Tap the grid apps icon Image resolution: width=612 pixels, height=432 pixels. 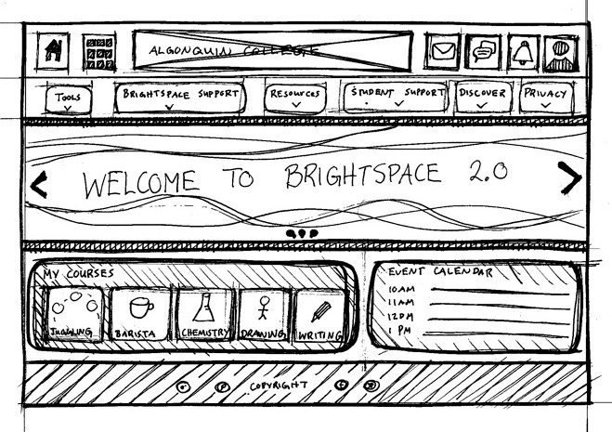point(98,54)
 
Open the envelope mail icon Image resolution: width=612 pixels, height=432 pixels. point(446,51)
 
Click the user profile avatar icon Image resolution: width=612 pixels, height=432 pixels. point(559,52)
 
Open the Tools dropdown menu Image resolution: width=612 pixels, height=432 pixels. point(68,98)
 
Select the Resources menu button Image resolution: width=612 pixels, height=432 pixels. point(296,98)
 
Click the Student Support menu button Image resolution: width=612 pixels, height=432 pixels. point(397,97)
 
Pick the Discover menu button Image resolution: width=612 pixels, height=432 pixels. point(482,97)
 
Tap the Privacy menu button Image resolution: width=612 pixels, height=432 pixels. point(545,97)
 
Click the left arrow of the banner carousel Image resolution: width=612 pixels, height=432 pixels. point(38,185)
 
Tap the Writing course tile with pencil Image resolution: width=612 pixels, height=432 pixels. point(319,315)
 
